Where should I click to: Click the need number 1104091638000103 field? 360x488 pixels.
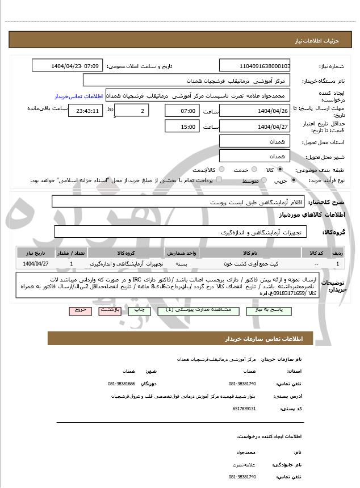(x=254, y=66)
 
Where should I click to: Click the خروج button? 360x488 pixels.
(x=79, y=310)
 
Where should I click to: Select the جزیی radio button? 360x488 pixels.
(x=293, y=180)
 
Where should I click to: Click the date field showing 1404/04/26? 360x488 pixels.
(x=254, y=110)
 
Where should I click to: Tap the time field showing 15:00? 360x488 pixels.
(x=183, y=126)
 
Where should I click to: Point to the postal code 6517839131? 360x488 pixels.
(x=244, y=409)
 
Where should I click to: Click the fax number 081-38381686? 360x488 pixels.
(x=123, y=384)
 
